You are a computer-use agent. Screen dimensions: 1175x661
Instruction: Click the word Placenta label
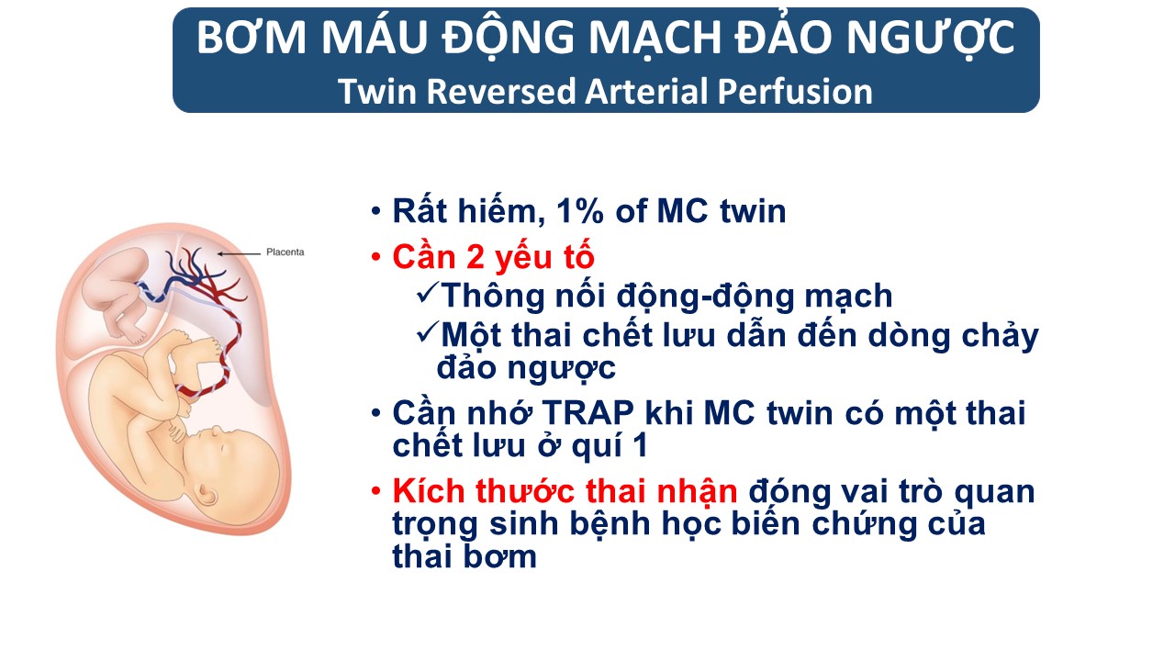pos(285,252)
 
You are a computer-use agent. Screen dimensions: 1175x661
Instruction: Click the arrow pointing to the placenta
pos(240,254)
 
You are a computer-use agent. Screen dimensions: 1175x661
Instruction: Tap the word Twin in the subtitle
pos(377,91)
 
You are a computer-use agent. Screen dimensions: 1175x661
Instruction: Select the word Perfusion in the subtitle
pos(795,91)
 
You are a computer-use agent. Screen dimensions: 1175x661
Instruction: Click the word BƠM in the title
pos(252,38)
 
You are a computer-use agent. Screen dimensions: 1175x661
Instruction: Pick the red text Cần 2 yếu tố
pos(493,257)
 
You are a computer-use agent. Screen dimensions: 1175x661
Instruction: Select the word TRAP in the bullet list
pos(587,413)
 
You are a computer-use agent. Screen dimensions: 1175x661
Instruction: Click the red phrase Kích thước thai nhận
pos(565,492)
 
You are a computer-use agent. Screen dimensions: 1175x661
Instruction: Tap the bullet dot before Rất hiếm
pos(375,211)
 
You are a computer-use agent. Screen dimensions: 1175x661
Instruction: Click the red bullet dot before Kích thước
pos(375,491)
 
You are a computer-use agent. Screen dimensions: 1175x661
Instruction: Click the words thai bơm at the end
pos(464,556)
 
